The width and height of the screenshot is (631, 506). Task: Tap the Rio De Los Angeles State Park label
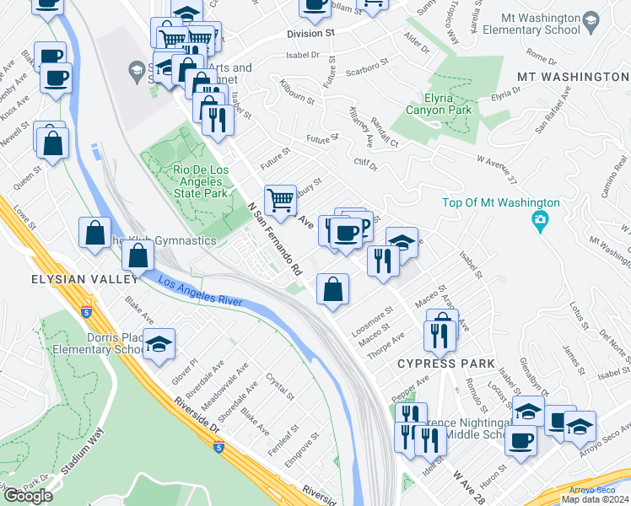[x=189, y=181]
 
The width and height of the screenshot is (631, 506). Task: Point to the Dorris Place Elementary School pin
[x=158, y=345]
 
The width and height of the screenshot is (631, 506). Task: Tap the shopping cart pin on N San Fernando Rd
[x=280, y=202]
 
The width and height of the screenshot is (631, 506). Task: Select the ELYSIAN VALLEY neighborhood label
[x=73, y=279]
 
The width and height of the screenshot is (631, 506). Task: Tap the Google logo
[x=28, y=496]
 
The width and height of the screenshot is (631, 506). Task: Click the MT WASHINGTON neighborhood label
[x=573, y=77]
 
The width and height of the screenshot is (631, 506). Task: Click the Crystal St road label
[x=280, y=386]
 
